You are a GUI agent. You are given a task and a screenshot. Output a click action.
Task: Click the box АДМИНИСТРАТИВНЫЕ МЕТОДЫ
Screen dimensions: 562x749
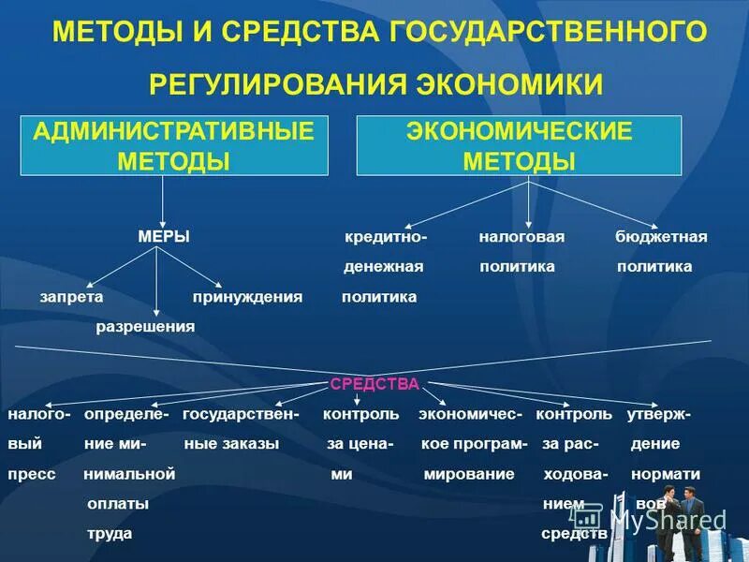coord(174,146)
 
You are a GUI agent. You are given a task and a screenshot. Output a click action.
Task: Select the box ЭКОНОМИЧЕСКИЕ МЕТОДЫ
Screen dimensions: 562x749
coord(519,146)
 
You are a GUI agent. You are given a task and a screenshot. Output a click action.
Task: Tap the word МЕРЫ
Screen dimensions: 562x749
coord(164,237)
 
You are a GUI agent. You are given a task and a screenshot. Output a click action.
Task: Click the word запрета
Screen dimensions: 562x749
coord(71,296)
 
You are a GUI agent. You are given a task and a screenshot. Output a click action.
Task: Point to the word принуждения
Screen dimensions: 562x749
coord(247,296)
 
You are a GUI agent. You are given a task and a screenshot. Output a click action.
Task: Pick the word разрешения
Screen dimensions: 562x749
coord(145,326)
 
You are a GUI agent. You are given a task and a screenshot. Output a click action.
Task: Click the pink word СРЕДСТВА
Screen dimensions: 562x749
coord(374,384)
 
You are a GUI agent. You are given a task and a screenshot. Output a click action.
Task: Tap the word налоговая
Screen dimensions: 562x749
coord(521,237)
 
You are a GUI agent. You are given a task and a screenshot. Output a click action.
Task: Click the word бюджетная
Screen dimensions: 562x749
coord(661,237)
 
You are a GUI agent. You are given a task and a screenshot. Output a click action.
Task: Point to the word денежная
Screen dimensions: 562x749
coord(383,267)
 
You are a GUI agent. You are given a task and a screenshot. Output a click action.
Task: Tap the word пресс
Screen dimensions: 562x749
coord(31,474)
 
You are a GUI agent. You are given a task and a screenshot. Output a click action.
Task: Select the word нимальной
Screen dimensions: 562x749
coord(129,474)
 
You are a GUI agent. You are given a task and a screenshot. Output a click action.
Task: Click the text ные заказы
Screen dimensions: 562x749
coord(231,444)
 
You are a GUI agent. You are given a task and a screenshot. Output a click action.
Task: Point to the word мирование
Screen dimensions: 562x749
coord(469,474)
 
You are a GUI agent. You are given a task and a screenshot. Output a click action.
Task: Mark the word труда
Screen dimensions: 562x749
coord(110,533)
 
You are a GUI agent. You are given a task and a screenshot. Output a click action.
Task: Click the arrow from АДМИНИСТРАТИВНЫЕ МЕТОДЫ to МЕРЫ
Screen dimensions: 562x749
coord(164,199)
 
